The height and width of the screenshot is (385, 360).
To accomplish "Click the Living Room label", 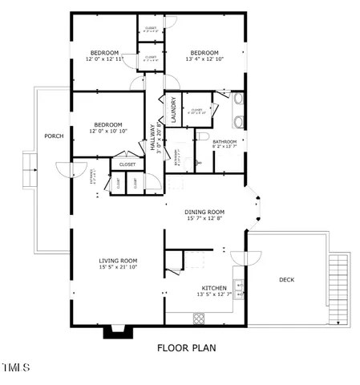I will (118, 260).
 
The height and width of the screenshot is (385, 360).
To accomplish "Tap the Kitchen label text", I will (213, 287).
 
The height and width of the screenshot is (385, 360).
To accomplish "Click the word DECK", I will (286, 280).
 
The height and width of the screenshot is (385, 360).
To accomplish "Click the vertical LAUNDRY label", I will (172, 107).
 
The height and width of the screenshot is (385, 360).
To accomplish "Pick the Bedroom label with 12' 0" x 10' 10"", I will (107, 124).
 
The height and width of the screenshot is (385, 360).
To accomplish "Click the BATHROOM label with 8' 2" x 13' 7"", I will (224, 141).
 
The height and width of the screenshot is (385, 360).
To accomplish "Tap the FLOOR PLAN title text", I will (186, 348).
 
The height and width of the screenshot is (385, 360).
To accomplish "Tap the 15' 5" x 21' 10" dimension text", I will (118, 267).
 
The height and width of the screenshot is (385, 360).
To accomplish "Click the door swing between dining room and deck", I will (246, 258).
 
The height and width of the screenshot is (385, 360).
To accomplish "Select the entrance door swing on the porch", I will (71, 170).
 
